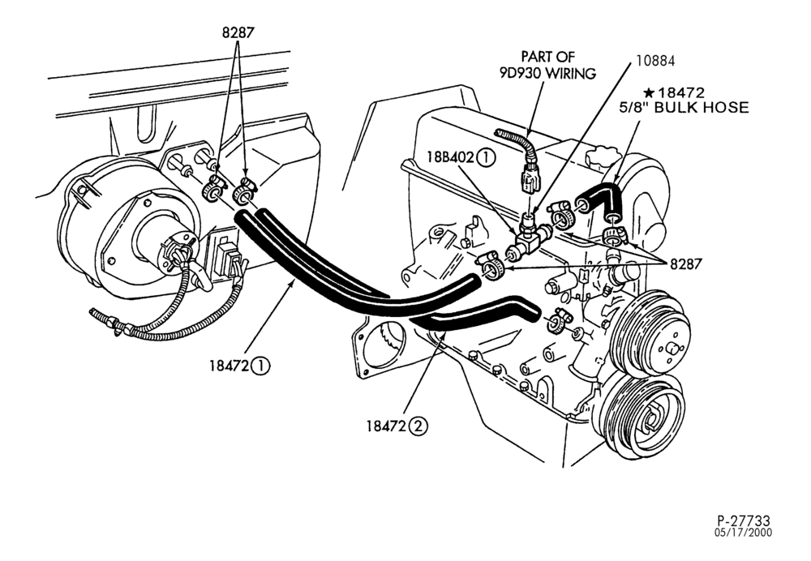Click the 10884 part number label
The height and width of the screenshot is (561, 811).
point(655,61)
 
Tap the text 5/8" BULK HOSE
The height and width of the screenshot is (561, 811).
point(684,108)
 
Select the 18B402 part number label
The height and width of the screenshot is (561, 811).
point(450,157)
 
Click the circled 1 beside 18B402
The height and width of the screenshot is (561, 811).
point(486,157)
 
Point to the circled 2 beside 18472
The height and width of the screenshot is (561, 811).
point(418,426)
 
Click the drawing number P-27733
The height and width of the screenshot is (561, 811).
point(743,520)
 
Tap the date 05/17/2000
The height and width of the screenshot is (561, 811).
point(743,533)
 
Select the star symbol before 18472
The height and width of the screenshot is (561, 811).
point(649,93)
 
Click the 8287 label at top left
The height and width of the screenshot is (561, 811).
point(238,32)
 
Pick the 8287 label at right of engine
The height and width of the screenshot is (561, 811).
point(686,264)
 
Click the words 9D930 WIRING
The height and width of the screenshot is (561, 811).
point(547,74)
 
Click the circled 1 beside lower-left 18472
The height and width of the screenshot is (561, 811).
point(260,366)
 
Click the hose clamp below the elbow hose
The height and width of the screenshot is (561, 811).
point(615,234)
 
